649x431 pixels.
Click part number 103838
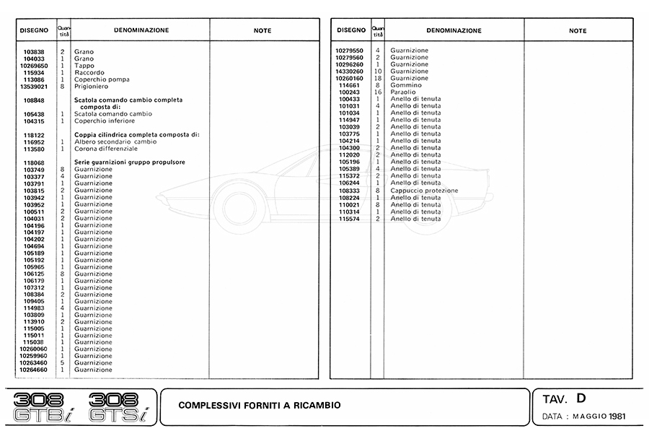click(34, 52)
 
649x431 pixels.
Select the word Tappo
click(84, 66)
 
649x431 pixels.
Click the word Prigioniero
click(91, 87)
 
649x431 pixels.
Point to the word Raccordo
click(89, 73)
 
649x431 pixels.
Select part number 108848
click(34, 100)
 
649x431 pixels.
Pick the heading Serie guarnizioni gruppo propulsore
click(130, 162)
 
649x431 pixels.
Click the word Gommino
click(406, 85)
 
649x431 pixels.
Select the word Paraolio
click(405, 92)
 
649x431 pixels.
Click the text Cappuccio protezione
click(424, 190)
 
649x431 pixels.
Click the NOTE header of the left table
click(263, 31)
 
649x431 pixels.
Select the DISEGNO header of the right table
click(350, 30)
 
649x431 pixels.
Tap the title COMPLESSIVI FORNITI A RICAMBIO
click(260, 406)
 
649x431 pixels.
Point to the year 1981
click(617, 417)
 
